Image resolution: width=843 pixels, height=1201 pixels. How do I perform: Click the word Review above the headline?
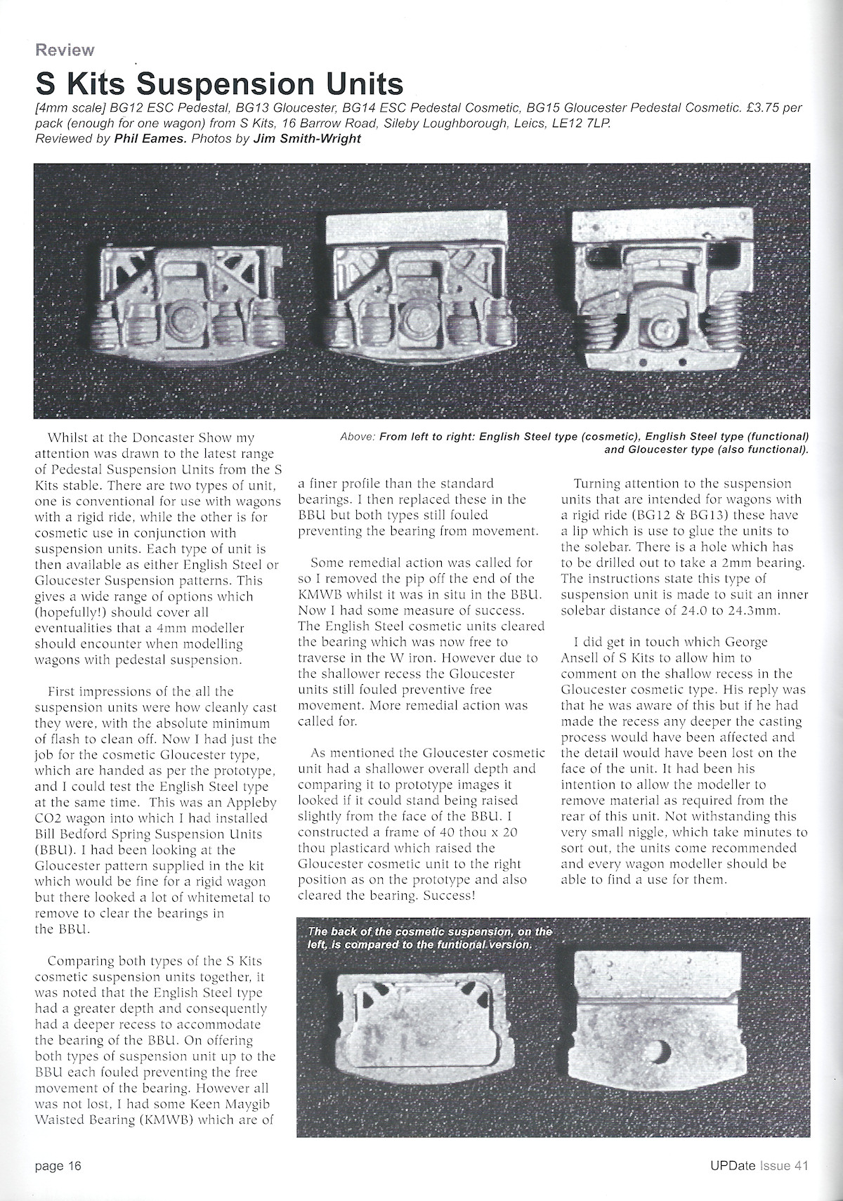coord(65,50)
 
